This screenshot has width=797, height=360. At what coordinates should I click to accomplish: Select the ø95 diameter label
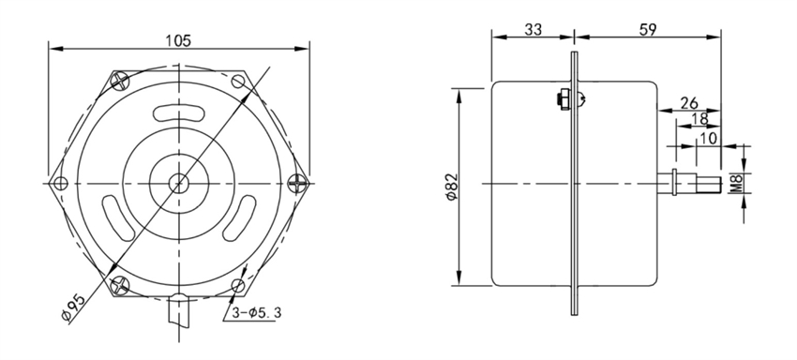pyautogui.click(x=75, y=306)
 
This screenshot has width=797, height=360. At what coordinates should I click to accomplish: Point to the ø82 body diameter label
pyautogui.click(x=451, y=187)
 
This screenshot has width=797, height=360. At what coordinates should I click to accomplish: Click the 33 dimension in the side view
pyautogui.click(x=533, y=29)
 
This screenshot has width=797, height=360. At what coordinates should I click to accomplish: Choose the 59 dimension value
pyautogui.click(x=646, y=29)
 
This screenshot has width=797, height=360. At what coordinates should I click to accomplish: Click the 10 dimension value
pyautogui.click(x=709, y=137)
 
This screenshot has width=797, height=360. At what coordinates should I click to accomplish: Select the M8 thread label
pyautogui.click(x=734, y=183)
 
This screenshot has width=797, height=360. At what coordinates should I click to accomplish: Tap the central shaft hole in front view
pyautogui.click(x=178, y=182)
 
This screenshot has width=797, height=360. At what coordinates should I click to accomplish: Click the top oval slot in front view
pyautogui.click(x=178, y=112)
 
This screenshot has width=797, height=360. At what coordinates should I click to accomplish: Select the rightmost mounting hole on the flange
pyautogui.click(x=296, y=182)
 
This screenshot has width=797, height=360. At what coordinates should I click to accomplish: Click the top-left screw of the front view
pyautogui.click(x=119, y=81)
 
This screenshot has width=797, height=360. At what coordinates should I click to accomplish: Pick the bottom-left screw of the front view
pyautogui.click(x=118, y=283)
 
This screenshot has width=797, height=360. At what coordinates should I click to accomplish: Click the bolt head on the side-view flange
pyautogui.click(x=562, y=97)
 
